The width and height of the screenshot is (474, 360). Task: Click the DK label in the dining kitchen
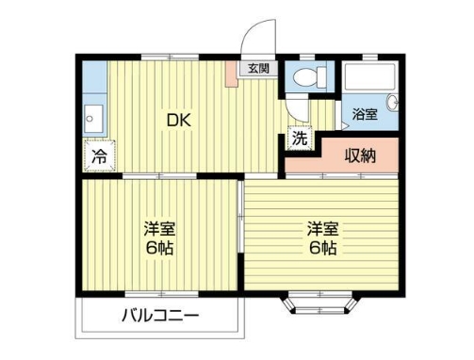[179, 120]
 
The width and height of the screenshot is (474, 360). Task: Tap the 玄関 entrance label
[258, 69]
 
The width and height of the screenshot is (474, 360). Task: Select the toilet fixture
[309, 77]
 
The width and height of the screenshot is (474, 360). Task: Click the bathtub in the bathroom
[369, 76]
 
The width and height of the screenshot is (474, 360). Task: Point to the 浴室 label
[365, 114]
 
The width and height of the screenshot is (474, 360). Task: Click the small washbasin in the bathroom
[393, 103]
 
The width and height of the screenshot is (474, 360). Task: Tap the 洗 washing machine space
[300, 138]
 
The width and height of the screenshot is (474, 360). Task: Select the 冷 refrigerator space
[100, 155]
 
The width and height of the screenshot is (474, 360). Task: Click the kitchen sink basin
[93, 119]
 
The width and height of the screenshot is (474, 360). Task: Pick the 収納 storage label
[360, 155]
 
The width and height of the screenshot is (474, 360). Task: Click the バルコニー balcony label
[160, 316]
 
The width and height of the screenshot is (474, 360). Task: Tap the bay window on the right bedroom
[320, 303]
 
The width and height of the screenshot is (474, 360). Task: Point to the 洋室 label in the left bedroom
[159, 229]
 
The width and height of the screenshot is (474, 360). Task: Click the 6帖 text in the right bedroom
[323, 249]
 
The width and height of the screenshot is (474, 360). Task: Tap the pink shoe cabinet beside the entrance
[233, 74]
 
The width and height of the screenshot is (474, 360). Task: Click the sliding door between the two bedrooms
[240, 217]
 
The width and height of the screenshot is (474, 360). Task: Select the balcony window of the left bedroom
[161, 294]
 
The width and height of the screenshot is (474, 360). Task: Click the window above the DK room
[170, 57]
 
